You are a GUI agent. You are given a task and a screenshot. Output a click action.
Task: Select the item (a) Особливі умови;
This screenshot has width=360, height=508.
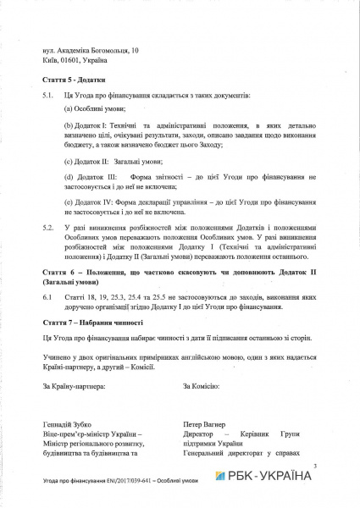coord(95,109)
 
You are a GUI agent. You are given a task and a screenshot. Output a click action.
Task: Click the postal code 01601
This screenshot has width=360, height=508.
coord(69,60)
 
